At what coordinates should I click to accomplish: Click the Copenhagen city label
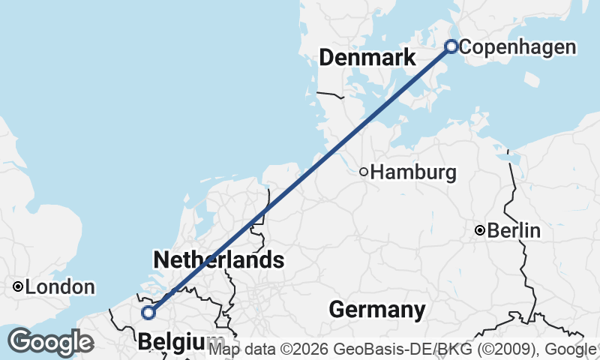click(x=517, y=47)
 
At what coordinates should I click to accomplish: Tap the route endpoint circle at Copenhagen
click(x=451, y=46)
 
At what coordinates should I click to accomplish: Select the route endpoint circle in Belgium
click(x=148, y=312)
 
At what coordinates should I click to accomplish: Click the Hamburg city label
click(x=413, y=172)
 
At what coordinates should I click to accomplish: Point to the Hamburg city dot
click(x=364, y=172)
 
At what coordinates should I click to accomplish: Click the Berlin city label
click(x=514, y=230)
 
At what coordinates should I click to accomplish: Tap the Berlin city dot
click(x=480, y=230)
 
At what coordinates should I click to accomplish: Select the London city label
click(x=60, y=286)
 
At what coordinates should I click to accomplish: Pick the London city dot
click(x=17, y=286)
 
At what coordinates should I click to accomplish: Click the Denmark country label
click(x=367, y=58)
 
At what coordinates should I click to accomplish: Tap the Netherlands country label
click(x=218, y=260)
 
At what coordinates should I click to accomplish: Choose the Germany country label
click(x=376, y=309)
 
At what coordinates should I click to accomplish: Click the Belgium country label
click(x=180, y=343)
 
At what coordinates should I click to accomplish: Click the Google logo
click(x=50, y=342)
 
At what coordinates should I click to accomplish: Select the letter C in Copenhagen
click(x=465, y=47)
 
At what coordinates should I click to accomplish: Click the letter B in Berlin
click(x=493, y=230)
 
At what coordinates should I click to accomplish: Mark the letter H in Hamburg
click(x=377, y=172)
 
